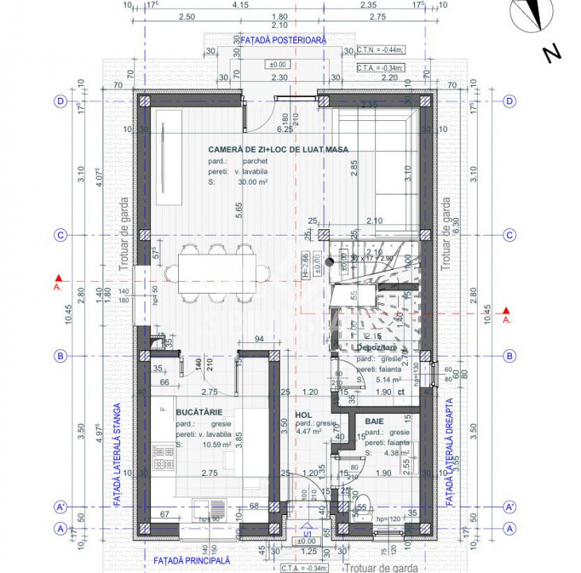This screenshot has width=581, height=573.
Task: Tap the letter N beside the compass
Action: coord(551,53)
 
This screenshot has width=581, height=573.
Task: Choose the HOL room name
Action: coord(304,415)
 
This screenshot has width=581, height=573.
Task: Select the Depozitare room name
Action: coord(377,348)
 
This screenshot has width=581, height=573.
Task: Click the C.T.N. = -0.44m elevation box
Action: coord(381,49)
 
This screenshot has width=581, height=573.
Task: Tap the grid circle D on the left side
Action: coord(59,101)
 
